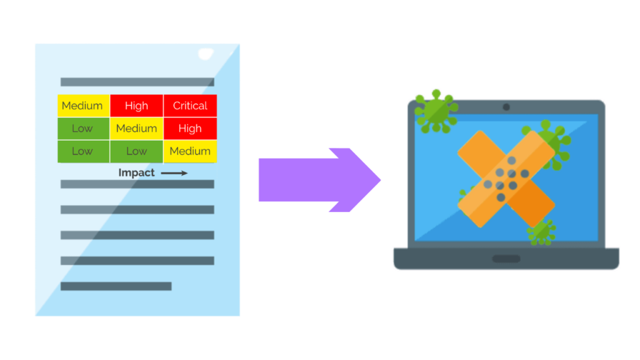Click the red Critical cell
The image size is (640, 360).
tap(190, 106)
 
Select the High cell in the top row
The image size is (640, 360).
tap(136, 106)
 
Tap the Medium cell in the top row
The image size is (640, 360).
tap(83, 106)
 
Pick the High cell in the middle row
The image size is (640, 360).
tap(190, 129)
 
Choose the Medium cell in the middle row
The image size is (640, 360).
tap(136, 129)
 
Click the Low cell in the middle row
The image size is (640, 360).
tap(83, 129)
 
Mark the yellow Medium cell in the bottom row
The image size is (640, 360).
tap(190, 151)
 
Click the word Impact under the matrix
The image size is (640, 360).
tap(136, 172)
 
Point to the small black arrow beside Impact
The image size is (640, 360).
tap(174, 173)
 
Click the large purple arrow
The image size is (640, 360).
tap(319, 180)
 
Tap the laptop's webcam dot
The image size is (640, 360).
tap(506, 107)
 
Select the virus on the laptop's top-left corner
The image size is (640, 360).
tap(435, 111)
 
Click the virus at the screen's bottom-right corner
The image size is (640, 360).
tap(541, 231)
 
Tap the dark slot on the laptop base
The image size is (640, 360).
tap(506, 259)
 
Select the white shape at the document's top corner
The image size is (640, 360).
tap(206, 55)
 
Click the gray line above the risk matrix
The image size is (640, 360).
tap(137, 82)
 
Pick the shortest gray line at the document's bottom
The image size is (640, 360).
tap(116, 286)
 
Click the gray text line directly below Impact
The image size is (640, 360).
tap(137, 184)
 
